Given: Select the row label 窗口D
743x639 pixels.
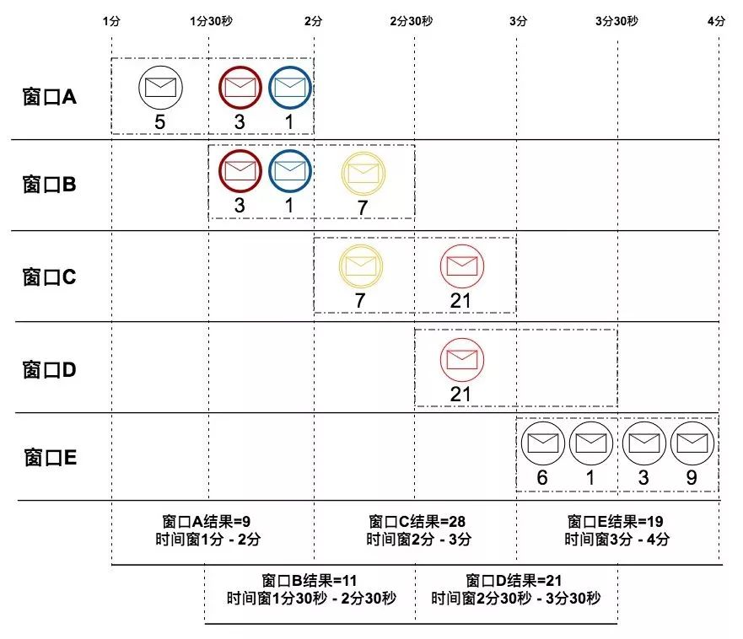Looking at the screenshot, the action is tap(50, 368).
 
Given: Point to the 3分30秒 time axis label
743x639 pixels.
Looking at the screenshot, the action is tap(616, 21).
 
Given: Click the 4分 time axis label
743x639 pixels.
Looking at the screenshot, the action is tap(716, 21).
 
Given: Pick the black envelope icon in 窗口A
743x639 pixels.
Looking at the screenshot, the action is tap(160, 87).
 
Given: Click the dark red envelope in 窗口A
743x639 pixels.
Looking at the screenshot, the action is tap(240, 87).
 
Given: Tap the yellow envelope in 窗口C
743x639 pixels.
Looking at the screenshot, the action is tap(362, 265).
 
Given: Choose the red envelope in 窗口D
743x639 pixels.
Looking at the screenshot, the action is tap(461, 358).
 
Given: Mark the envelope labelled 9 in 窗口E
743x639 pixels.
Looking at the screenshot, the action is tap(692, 443).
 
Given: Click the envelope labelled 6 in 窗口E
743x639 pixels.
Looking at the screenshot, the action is tap(542, 443).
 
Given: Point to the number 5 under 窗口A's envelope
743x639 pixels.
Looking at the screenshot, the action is tap(159, 122).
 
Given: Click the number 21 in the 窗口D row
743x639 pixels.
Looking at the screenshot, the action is tap(460, 395).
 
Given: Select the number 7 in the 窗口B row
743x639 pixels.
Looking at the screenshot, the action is tap(363, 207).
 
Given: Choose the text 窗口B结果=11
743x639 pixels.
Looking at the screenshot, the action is tap(310, 581).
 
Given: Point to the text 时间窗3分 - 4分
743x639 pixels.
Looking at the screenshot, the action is tap(616, 540).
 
